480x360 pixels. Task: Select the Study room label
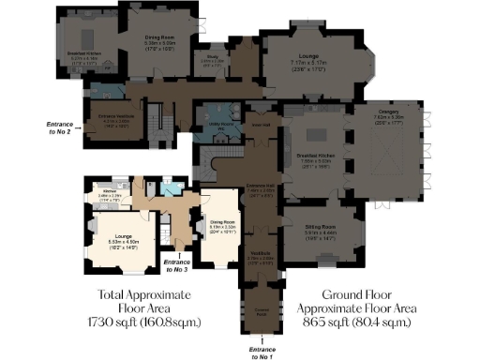(x=213, y=58)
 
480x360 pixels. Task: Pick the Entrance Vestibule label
(x=113, y=120)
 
